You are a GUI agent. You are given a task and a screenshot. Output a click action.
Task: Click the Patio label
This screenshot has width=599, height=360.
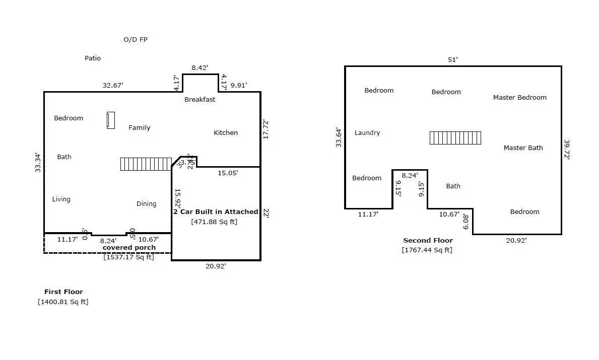(x=93, y=58)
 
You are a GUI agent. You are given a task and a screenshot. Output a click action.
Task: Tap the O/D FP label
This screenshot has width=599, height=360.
(x=136, y=39)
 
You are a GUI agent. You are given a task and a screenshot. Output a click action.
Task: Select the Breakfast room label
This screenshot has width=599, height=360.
(x=199, y=100)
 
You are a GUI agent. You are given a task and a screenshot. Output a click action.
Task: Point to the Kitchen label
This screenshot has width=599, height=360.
(x=226, y=133)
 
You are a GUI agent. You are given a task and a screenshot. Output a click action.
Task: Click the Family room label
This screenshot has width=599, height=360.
(x=139, y=128)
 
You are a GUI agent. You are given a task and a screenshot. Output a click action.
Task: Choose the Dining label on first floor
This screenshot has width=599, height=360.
(x=146, y=204)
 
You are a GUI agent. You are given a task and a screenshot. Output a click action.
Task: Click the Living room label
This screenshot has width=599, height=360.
(x=61, y=199)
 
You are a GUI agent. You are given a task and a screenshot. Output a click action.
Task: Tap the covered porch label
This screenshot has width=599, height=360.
(x=129, y=248)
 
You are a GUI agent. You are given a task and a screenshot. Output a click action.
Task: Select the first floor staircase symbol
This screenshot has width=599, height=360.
(x=146, y=164)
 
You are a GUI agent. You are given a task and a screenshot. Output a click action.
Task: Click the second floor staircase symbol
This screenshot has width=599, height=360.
(x=455, y=138)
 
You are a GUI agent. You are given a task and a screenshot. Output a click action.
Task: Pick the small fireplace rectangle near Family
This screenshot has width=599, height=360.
(x=111, y=120)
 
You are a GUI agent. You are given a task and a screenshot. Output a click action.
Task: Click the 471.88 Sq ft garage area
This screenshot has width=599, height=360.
(x=214, y=222)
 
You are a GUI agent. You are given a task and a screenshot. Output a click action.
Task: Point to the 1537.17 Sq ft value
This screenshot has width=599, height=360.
(x=129, y=257)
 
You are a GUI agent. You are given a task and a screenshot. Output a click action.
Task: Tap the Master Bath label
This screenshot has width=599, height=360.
(x=523, y=148)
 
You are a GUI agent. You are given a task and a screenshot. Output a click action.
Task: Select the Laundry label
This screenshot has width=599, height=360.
(x=367, y=133)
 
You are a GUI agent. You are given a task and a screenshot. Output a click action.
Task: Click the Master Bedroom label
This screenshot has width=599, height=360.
(x=519, y=98)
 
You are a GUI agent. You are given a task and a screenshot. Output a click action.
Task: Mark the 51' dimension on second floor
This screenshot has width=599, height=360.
(x=453, y=60)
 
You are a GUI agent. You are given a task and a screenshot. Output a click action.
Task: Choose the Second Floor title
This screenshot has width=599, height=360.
(x=428, y=241)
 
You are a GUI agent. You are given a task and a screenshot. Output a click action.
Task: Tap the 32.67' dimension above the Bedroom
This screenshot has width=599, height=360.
(x=113, y=86)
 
